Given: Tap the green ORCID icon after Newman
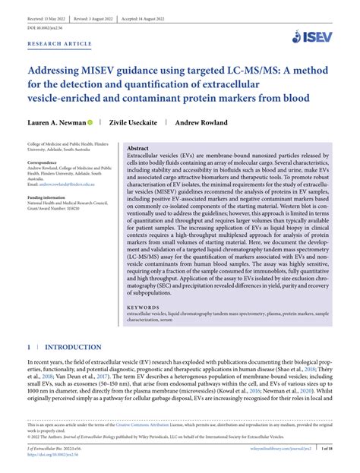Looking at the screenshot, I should click(90, 121).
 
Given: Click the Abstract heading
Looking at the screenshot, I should click(137, 148).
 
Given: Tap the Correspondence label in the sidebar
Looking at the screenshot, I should click(46, 163).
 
